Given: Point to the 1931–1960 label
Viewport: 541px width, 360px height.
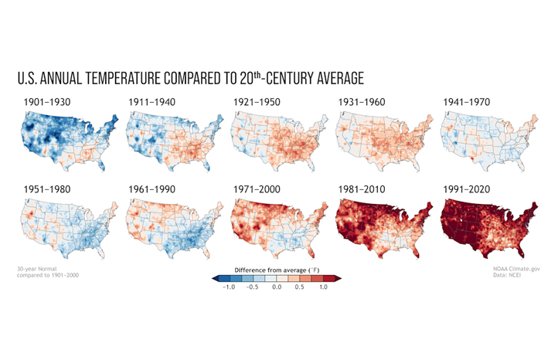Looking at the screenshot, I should pyautogui.click(x=362, y=101).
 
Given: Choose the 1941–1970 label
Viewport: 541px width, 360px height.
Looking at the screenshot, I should pyautogui.click(x=468, y=101).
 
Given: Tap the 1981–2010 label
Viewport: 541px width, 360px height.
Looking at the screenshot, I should pyautogui.click(x=362, y=188).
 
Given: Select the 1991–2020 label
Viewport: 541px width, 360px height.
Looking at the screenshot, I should pyautogui.click(x=468, y=188).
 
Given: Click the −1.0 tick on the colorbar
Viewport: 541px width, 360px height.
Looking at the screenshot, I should pyautogui.click(x=228, y=287).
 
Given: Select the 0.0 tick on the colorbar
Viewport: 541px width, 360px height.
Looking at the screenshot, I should pyautogui.click(x=277, y=287).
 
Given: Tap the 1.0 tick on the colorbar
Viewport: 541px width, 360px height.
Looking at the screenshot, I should pyautogui.click(x=324, y=287).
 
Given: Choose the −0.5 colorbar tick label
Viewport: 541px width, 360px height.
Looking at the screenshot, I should pyautogui.click(x=252, y=287).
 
